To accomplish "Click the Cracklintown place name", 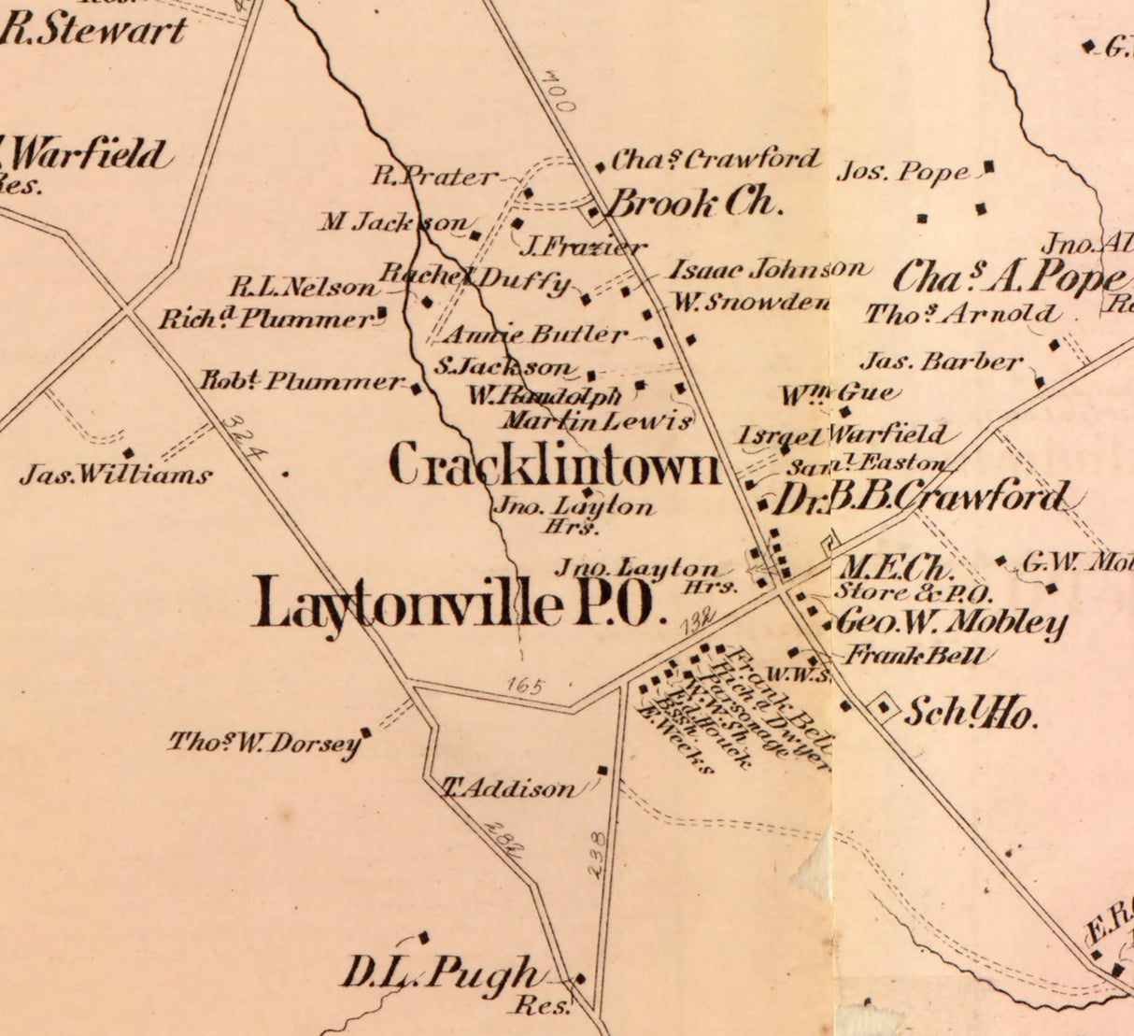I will (555, 464).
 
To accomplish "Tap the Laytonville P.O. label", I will (460, 603).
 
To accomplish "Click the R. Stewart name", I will (93, 30).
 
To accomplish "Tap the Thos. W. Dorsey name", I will (263, 744).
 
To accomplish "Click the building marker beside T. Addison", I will (602, 771).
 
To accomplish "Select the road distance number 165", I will (525, 685).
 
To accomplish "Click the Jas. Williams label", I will (116, 475).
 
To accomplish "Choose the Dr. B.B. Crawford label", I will (920, 498).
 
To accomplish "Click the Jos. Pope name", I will (903, 173).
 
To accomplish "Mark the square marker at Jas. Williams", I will (128, 453).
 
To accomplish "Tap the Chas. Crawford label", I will (716, 160).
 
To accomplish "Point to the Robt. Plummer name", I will (302, 381).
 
